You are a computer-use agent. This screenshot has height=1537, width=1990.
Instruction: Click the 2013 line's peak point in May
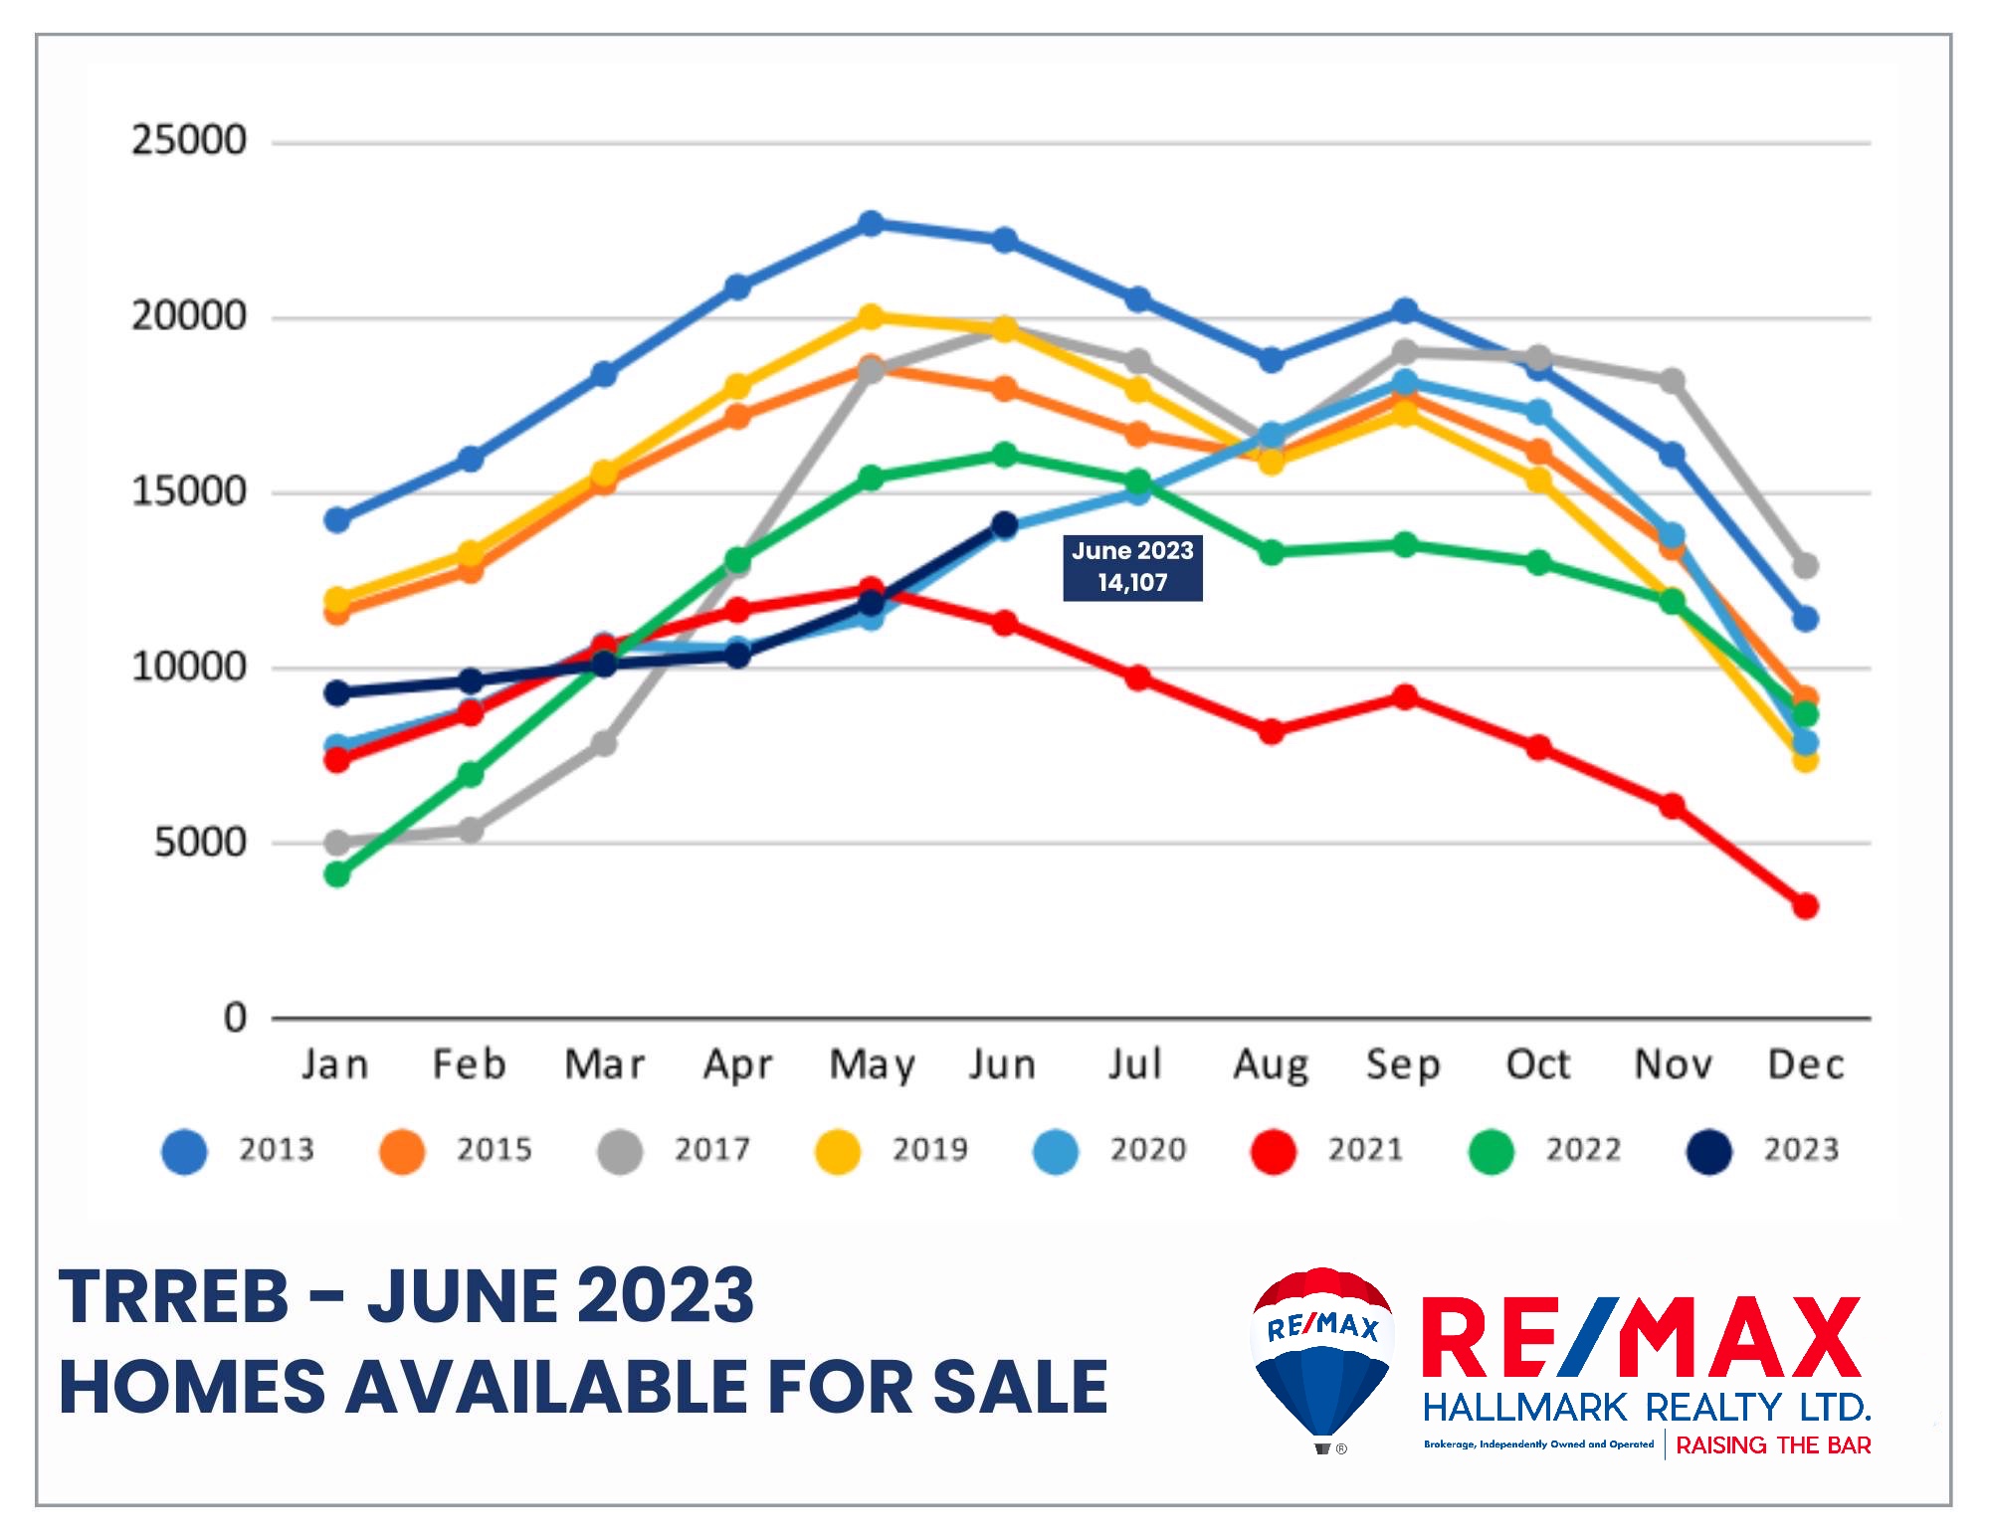(871, 223)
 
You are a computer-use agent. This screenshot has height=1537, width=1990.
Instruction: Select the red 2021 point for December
(1805, 906)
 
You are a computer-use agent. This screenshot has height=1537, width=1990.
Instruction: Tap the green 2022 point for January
(337, 874)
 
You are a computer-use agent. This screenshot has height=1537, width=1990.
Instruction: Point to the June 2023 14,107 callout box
(1132, 567)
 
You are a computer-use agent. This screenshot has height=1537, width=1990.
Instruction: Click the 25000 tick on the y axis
(189, 141)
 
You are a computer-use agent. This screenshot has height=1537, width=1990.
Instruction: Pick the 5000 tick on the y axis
(199, 844)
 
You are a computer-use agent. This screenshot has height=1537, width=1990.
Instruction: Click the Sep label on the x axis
(1403, 1065)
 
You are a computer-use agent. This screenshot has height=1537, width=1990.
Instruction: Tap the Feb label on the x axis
(470, 1065)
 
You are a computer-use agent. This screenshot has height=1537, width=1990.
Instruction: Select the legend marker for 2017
(620, 1152)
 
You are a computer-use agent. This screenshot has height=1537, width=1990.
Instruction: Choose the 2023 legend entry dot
(1709, 1152)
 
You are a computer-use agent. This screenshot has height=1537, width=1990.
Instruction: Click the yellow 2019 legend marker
(838, 1152)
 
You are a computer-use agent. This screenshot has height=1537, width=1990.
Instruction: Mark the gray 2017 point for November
(1672, 381)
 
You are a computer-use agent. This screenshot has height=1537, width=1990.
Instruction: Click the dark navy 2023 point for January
(337, 692)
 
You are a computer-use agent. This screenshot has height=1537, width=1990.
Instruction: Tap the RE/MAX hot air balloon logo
(1321, 1358)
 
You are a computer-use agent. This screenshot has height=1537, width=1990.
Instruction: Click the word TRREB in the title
(174, 1297)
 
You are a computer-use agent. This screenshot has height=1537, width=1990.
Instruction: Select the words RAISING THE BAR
(1773, 1445)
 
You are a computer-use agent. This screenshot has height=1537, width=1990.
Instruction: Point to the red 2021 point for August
(1271, 731)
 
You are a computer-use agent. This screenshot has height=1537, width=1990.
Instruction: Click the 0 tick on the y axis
(235, 1019)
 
